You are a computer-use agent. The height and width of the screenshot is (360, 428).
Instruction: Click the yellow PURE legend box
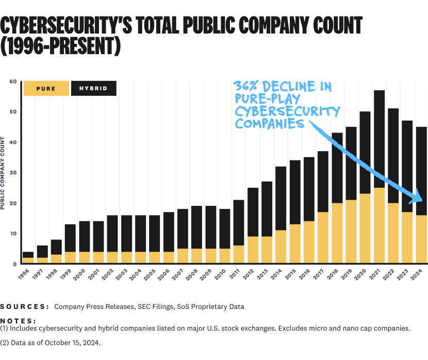coord(46,88)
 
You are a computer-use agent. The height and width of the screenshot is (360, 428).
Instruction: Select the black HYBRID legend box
coord(93,88)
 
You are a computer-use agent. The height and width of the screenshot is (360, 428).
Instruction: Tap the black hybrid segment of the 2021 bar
coord(380,139)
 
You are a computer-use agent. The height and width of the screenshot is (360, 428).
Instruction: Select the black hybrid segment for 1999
coord(70,238)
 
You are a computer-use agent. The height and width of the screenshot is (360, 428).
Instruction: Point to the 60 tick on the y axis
coord(13,81)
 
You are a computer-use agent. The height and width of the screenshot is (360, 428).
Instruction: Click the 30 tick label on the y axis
coord(13,173)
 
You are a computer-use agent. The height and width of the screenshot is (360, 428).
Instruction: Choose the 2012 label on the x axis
coord(253,274)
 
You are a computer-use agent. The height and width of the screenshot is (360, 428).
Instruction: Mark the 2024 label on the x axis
coord(421,274)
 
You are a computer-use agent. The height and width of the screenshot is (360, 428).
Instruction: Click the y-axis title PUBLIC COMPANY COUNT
coord(3,173)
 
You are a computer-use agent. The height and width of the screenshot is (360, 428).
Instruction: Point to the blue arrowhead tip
coord(422,200)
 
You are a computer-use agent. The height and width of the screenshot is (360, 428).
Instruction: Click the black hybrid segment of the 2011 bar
coord(239,222)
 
